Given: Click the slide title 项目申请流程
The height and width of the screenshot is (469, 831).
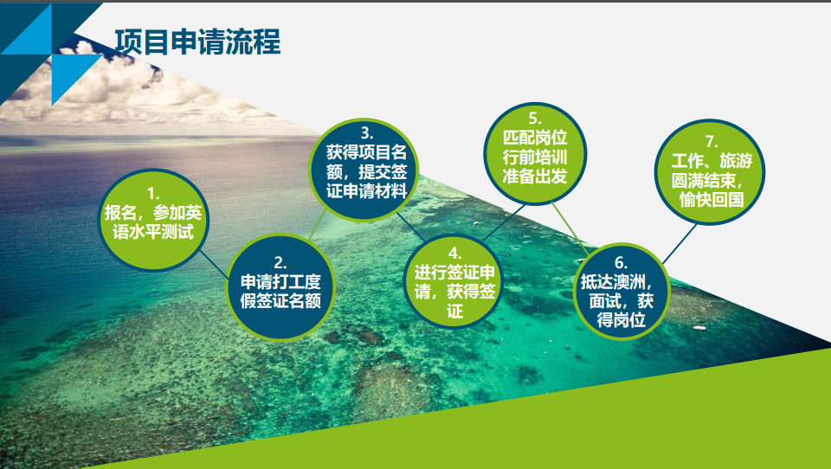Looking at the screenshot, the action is pos(197,42).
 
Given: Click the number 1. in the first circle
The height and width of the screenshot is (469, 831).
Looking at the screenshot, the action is pos(153,194).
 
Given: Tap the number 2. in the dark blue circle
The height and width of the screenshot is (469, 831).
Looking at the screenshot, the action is pos(280,263).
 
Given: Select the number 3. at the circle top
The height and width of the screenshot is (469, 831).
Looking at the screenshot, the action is pos(367,133).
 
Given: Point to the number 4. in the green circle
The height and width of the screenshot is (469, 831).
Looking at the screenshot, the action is pos(454,254).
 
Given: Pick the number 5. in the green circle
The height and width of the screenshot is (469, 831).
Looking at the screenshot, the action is pos(535,119).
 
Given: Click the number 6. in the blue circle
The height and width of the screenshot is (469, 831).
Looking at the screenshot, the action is pos(621,263).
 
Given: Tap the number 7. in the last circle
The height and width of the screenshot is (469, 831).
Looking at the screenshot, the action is pos(712,142).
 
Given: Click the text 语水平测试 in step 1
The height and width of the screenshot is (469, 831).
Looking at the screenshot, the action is pos(153,232).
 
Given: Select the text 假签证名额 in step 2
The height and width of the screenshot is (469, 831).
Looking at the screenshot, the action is pos(280,300).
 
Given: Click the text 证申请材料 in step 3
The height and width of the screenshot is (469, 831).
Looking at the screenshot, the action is pos(367,190).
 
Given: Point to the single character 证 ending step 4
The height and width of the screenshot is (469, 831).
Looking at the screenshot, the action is pos(454,311).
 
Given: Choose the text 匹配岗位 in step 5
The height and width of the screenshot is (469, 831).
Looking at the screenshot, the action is pos(535,138).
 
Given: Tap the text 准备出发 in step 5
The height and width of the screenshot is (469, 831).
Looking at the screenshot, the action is pos(535,176).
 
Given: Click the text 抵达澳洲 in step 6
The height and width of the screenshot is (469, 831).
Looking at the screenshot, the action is pos(613,282).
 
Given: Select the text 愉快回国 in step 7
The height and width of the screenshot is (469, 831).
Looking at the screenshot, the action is pos(712,200).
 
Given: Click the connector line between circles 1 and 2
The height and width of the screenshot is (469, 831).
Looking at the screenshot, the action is pos(214,264).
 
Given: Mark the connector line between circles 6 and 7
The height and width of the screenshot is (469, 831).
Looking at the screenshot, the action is pos(680,244).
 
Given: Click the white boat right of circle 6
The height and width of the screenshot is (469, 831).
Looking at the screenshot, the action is pos(699,328).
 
